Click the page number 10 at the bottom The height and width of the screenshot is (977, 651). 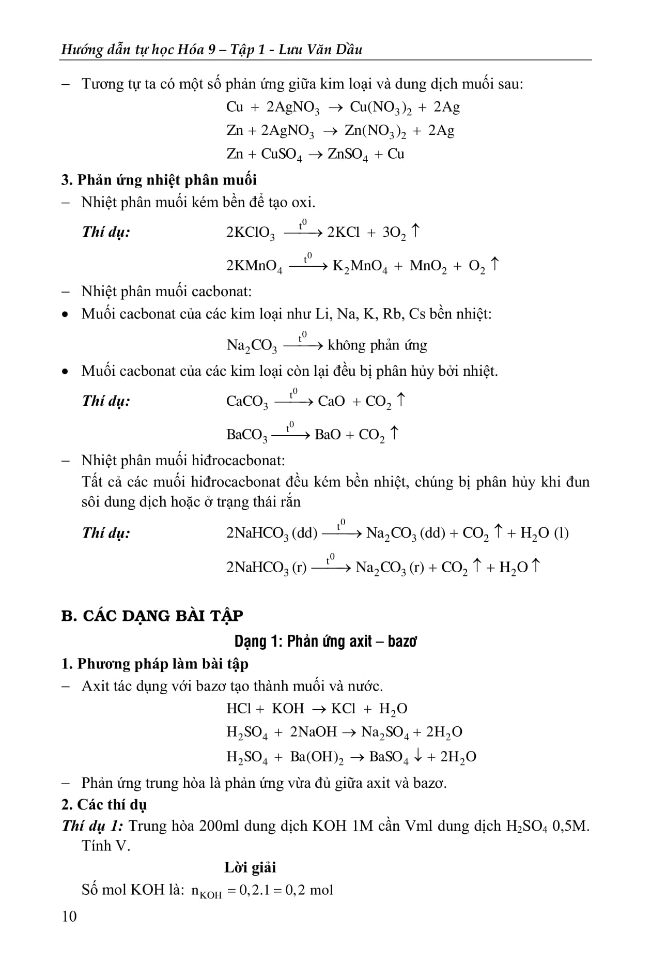pos(69,916)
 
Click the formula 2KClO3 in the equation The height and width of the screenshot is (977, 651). pos(251,233)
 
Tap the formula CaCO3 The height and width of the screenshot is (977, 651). pos(247,402)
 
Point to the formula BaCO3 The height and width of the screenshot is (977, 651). pos(247,435)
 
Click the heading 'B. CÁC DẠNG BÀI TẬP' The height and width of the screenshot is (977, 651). pos(152,616)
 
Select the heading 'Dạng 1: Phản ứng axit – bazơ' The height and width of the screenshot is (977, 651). pos(326,642)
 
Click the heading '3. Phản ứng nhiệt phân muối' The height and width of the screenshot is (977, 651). pos(159,180)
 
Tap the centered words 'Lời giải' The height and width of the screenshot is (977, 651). pos(250,867)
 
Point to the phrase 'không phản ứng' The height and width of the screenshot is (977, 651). pos(377,345)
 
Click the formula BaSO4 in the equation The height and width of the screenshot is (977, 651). pos(389,757)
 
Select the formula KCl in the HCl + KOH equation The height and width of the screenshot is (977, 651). pos(343,708)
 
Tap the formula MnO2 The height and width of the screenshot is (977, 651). pos(428,266)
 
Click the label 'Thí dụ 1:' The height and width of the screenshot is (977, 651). pos(92,826)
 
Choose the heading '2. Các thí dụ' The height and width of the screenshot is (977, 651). pos(104,804)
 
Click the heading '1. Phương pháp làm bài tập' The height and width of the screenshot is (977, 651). pos(154,664)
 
